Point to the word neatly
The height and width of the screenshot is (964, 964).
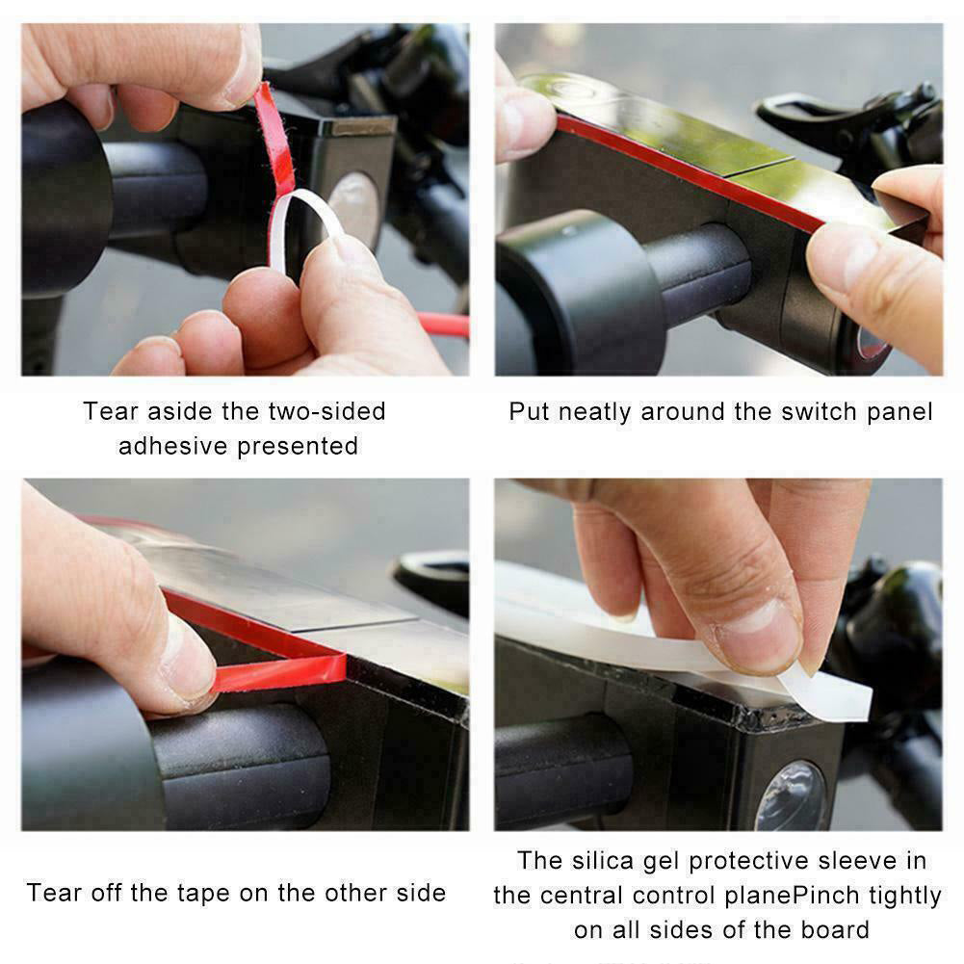pos(595,412)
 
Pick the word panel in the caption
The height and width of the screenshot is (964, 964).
pos(896,412)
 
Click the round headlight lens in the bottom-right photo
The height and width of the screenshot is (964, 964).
pos(791,795)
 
